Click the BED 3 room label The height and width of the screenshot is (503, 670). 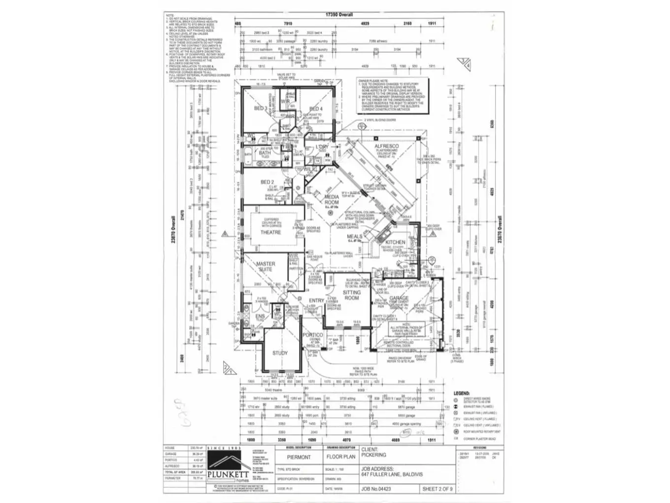pos(261,108)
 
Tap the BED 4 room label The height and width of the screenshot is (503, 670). pos(316,109)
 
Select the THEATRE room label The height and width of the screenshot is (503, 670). pos(270,232)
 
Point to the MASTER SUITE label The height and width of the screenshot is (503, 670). pos(266,266)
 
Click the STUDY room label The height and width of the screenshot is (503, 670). pos(280,353)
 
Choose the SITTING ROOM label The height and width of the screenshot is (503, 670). pos(352,295)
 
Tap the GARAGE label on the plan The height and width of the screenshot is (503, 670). pos(399,298)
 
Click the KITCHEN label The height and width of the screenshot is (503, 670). pos(395,242)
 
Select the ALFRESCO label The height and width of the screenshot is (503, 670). pos(387,146)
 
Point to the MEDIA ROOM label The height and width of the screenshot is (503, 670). pos(332,200)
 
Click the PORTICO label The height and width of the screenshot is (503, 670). pos(313,335)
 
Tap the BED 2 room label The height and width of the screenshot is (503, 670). pos(267,182)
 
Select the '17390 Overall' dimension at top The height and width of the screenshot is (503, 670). pos(339,15)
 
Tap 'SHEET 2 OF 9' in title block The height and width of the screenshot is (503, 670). pos(437,489)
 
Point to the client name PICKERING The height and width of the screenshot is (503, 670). pos(374,455)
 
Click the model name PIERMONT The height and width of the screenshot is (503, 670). pos(299,457)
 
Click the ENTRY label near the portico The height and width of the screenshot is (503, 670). pos(316,300)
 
